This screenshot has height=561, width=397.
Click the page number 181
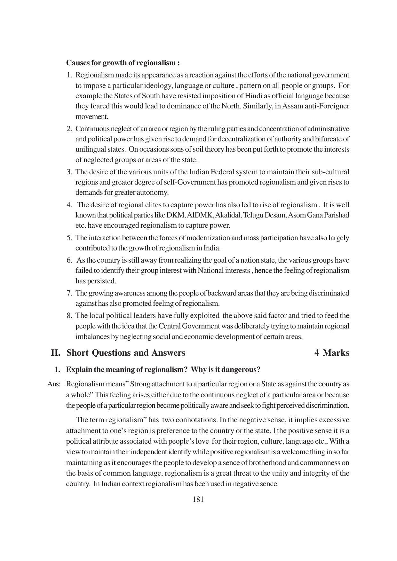point(198,499)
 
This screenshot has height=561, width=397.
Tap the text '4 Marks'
point(332,353)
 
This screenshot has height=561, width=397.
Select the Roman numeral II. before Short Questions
point(56,353)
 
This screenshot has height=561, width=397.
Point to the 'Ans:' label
point(54,384)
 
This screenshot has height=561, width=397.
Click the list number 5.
point(69,238)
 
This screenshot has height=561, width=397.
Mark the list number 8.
point(69,316)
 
